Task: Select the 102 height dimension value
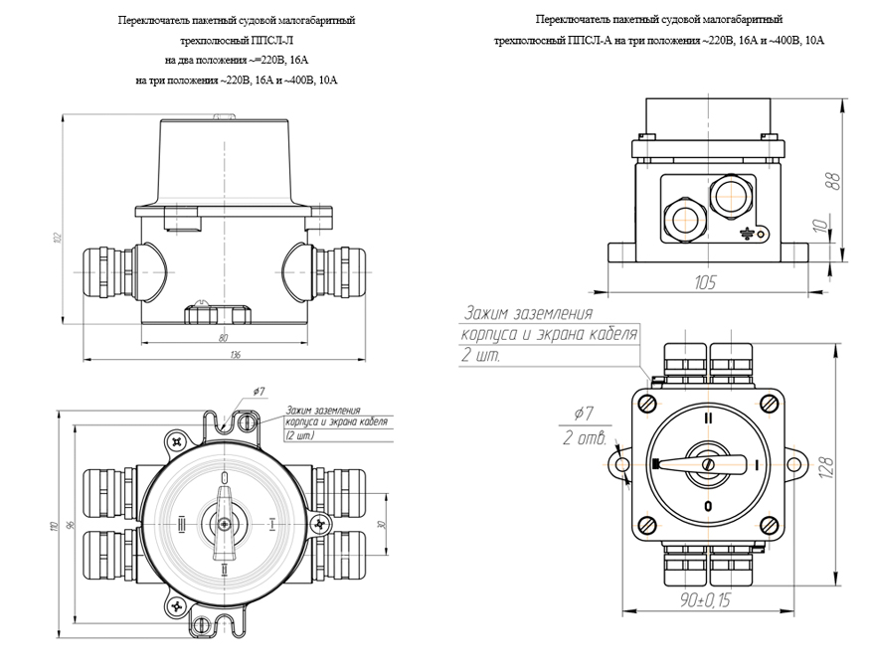pyautogui.click(x=59, y=237)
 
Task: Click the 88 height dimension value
pyautogui.click(x=833, y=179)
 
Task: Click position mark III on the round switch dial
pyautogui.click(x=180, y=521)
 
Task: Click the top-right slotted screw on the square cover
pyautogui.click(x=771, y=404)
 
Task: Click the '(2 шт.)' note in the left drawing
pyautogui.click(x=299, y=435)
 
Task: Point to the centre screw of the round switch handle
pyautogui.click(x=225, y=521)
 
